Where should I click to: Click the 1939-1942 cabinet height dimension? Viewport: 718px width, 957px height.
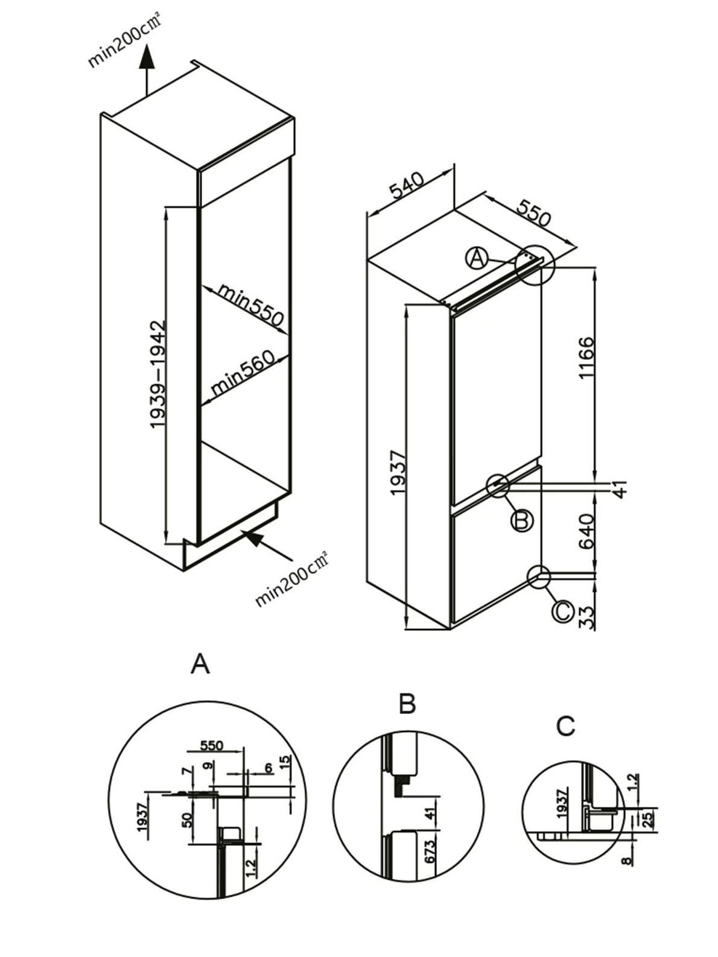coord(157,374)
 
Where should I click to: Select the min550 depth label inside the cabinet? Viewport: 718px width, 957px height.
coord(250,305)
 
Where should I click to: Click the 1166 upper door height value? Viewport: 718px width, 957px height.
coord(586,358)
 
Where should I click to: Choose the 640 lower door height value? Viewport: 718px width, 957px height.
coord(586,531)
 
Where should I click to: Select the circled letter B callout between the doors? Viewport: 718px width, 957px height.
coord(522,519)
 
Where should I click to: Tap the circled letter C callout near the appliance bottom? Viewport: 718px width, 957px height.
coord(562,611)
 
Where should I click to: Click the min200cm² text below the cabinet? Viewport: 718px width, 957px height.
coord(293,579)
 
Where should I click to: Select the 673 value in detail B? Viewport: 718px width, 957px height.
coord(430,852)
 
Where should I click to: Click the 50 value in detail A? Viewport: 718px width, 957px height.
coord(187,819)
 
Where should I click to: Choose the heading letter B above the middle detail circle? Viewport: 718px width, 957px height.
coord(407,704)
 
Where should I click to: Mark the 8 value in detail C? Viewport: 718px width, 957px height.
coord(627,861)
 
